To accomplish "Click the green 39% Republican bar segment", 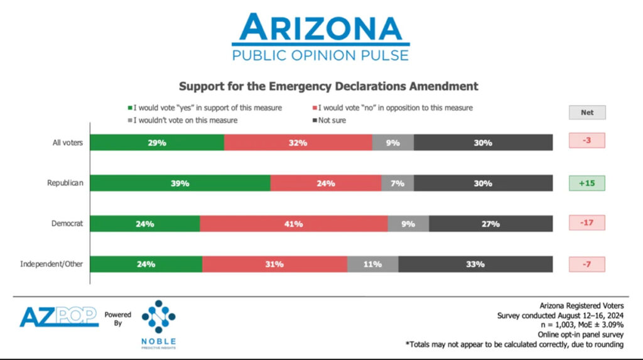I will [x=180, y=183].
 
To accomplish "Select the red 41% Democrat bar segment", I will [x=293, y=223].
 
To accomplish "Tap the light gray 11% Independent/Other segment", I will [x=372, y=264].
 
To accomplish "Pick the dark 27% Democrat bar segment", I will [x=491, y=223].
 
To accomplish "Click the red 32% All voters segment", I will [x=298, y=143].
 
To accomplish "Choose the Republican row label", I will [x=65, y=183].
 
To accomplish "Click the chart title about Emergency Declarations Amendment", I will [x=328, y=86].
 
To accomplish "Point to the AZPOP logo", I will [x=58, y=316].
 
